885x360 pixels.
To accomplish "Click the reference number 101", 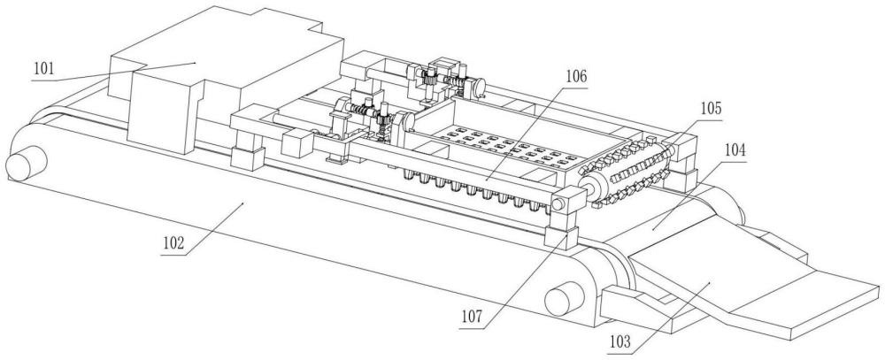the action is tap(44, 69).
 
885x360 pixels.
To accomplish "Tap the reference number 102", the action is tap(173, 243).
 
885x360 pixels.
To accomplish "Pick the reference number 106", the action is tap(575, 75).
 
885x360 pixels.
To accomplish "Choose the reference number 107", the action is tap(472, 317).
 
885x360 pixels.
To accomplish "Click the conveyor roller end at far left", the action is tap(26, 163).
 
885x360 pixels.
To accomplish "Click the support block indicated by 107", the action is tap(561, 238).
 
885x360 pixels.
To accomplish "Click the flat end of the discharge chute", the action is tap(819, 304).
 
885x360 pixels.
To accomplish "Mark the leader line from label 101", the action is tap(113, 72).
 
